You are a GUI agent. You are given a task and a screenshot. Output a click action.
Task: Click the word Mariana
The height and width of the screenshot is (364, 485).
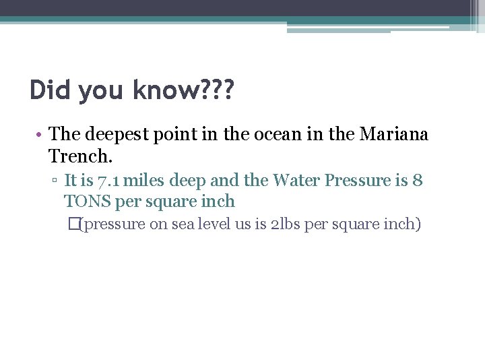click(x=394, y=135)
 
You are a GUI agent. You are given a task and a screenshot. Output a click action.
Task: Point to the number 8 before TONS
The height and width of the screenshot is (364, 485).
click(x=418, y=181)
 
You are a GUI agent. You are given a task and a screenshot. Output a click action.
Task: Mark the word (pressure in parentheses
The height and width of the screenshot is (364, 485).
click(x=112, y=224)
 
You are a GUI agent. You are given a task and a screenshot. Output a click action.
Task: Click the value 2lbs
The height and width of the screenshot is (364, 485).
click(x=285, y=224)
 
